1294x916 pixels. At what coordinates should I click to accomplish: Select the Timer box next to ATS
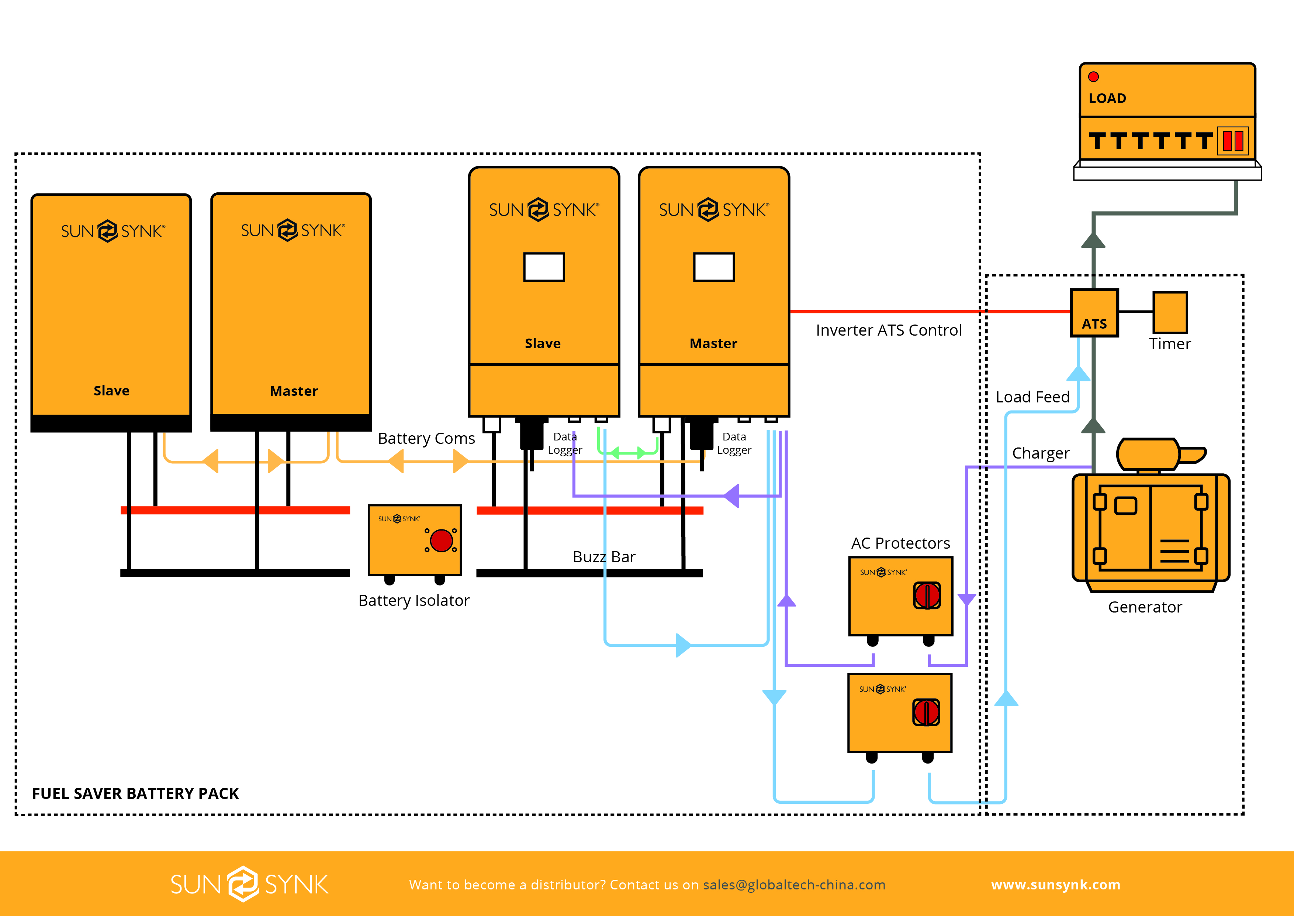(x=1170, y=312)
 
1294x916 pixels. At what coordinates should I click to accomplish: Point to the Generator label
(x=1145, y=607)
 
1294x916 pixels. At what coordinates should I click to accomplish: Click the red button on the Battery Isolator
(x=441, y=541)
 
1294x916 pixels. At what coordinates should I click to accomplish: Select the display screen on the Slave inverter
(x=544, y=267)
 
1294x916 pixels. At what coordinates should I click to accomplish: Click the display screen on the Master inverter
(x=713, y=267)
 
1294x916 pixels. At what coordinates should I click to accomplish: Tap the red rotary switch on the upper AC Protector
(x=927, y=595)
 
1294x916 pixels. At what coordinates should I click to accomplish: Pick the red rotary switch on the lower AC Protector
(x=926, y=712)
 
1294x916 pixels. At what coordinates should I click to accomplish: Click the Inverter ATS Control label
(x=889, y=330)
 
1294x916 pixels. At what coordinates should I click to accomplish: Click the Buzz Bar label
(x=603, y=557)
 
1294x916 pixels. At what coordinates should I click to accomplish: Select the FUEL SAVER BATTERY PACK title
(x=135, y=793)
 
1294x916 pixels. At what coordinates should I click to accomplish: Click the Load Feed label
(x=1032, y=397)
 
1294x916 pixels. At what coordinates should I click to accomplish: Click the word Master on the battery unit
(x=294, y=391)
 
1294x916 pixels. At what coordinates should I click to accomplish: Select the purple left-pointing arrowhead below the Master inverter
(x=731, y=496)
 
